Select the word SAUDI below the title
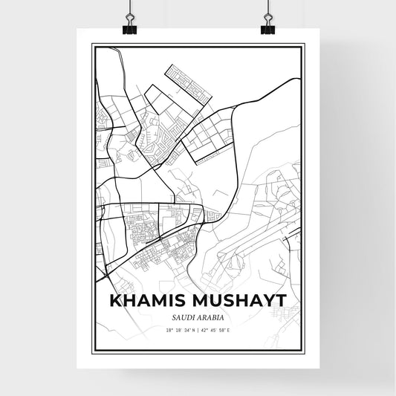click(x=182, y=319)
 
